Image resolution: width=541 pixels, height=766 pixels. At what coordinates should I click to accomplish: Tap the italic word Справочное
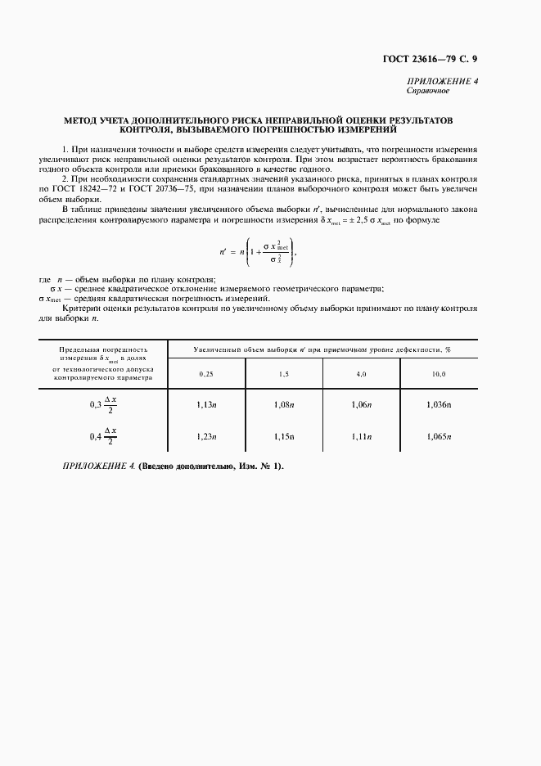(427, 91)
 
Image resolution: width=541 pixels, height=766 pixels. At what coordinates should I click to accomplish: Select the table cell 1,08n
(283, 404)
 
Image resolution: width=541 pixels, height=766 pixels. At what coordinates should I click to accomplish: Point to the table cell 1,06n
(361, 404)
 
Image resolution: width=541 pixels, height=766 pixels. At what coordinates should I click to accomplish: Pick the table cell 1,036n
(439, 404)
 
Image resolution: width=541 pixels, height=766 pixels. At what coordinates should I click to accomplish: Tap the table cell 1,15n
(283, 436)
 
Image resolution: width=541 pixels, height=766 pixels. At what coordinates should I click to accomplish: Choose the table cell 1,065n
(439, 436)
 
